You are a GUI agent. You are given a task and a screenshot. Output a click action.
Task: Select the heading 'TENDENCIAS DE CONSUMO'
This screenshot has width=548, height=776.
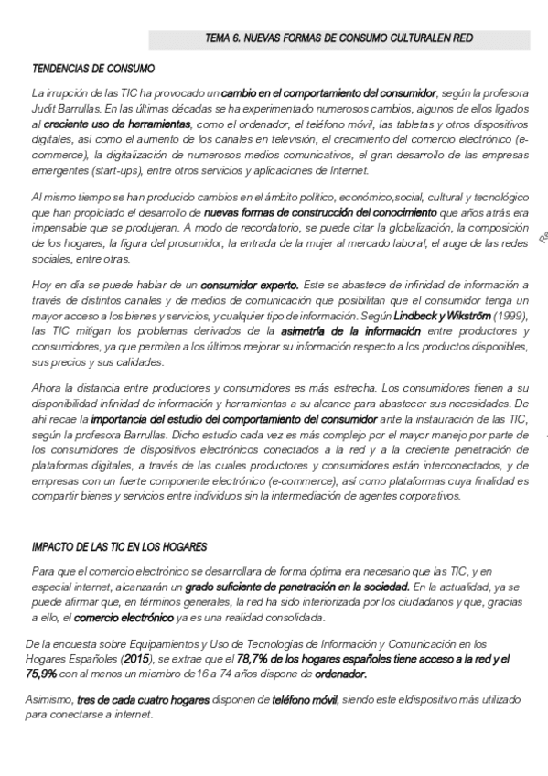93,69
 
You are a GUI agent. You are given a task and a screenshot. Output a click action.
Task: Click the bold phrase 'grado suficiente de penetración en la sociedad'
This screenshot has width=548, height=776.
297,586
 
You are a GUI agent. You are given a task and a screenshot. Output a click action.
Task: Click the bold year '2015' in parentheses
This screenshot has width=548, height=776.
134,659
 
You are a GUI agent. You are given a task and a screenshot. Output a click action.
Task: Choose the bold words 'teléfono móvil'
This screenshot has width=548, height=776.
303,700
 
